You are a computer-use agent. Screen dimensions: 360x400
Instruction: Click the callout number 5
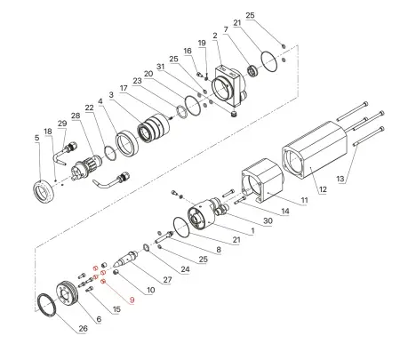pos(36,138)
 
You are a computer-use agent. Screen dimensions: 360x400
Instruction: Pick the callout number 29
pos(61,123)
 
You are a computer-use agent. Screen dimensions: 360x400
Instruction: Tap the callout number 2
pos(215,35)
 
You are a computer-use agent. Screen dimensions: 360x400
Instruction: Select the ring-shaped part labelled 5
pos(43,189)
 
